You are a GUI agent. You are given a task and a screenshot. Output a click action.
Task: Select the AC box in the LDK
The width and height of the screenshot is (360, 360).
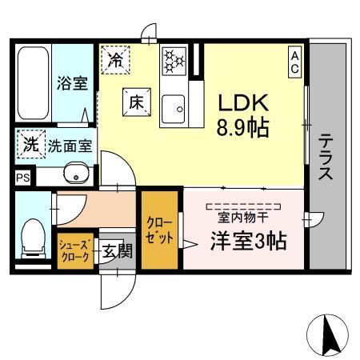[x=295, y=62]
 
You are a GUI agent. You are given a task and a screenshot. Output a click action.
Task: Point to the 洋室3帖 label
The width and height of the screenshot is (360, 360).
[x=248, y=239]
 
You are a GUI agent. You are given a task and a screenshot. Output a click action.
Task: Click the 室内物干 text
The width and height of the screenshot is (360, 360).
[x=244, y=216]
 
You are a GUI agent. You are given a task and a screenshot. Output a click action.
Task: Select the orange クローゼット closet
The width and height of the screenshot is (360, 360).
[x=158, y=231]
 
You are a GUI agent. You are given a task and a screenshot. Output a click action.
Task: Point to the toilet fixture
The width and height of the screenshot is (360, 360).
[x=34, y=235]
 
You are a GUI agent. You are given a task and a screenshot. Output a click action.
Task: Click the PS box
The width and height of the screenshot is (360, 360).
[x=22, y=178]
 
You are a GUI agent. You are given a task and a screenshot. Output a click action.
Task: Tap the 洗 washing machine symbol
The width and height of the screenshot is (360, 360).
[x=30, y=146]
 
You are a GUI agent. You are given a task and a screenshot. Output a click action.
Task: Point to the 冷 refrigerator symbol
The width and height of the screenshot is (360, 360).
[x=116, y=59]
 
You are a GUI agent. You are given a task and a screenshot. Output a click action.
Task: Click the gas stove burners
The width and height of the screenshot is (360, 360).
[x=174, y=60]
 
